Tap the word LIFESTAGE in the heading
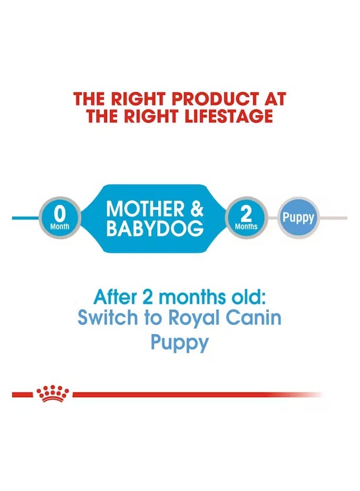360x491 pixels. click(228, 116)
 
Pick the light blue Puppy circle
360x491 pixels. click(298, 217)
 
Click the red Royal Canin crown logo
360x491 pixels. click(52, 394)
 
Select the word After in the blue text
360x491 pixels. click(114, 297)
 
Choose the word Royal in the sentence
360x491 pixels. click(180, 318)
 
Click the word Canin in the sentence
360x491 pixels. click(252, 318)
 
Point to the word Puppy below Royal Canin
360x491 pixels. click(180, 343)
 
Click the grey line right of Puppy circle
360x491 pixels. click(333, 217)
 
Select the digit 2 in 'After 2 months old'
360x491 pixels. click(149, 297)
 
